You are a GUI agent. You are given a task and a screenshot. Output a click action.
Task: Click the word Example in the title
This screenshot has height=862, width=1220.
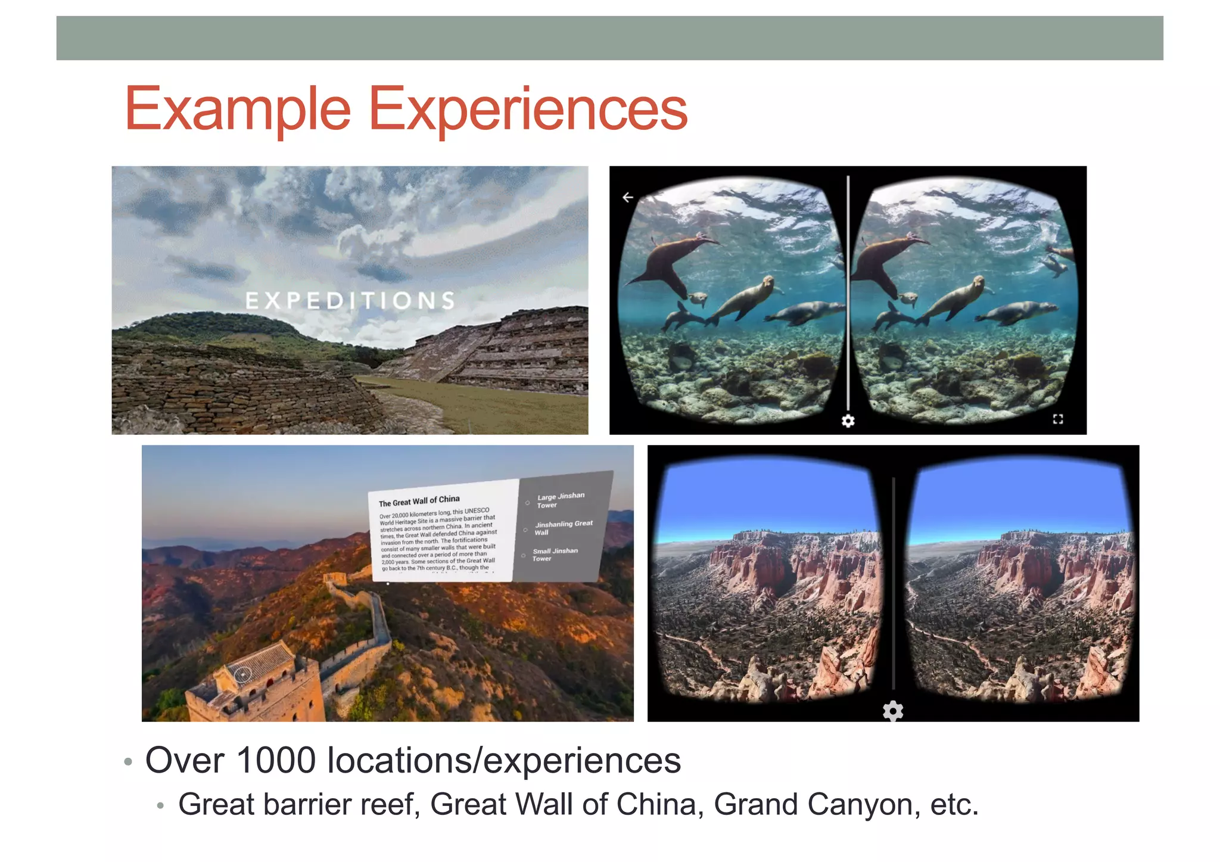pyautogui.click(x=238, y=110)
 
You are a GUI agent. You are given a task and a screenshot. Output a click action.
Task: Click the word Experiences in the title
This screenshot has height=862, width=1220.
pyautogui.click(x=528, y=110)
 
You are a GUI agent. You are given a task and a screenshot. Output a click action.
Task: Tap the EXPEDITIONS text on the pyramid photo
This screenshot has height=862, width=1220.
pyautogui.click(x=350, y=301)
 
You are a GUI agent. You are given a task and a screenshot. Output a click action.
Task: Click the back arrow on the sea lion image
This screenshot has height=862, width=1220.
pyautogui.click(x=628, y=197)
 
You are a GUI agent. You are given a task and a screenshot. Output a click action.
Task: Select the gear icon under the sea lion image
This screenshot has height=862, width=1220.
pyautogui.click(x=848, y=421)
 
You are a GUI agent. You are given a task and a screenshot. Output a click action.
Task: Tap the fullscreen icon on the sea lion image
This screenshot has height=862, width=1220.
pyautogui.click(x=1058, y=419)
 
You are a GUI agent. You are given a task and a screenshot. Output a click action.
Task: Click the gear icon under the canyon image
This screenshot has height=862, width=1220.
pyautogui.click(x=893, y=711)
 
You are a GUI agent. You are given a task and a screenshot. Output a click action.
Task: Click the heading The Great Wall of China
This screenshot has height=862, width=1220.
pyautogui.click(x=419, y=501)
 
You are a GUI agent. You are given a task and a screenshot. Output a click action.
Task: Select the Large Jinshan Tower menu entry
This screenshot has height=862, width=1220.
pyautogui.click(x=560, y=500)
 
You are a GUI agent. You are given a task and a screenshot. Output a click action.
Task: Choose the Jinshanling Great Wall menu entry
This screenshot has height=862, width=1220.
pyautogui.click(x=562, y=528)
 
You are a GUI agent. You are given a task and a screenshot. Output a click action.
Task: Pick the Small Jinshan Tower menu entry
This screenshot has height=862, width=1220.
pyautogui.click(x=554, y=555)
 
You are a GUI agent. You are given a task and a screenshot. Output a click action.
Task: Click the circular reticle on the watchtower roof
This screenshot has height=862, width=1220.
pyautogui.click(x=242, y=674)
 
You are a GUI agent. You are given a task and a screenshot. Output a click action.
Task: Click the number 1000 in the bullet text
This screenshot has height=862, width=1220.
pyautogui.click(x=276, y=761)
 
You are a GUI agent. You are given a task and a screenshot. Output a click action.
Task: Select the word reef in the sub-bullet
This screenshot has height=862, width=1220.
pyautogui.click(x=389, y=805)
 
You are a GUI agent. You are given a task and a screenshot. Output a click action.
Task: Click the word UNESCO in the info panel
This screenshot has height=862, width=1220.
pyautogui.click(x=477, y=511)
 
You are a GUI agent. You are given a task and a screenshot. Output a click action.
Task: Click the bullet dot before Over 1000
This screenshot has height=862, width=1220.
pyautogui.click(x=127, y=762)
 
